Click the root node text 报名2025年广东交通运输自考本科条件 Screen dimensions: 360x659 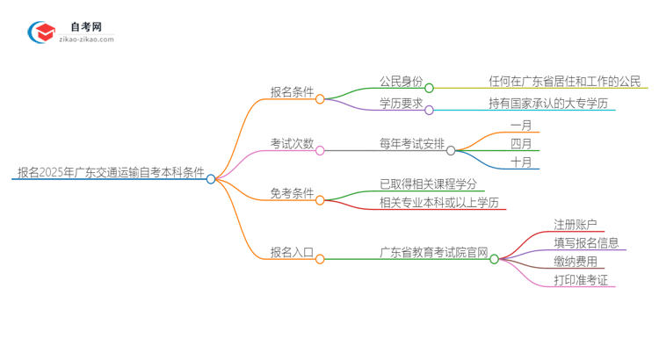(111, 173)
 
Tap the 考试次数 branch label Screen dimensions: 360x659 (292, 144)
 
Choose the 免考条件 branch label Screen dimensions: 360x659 (292, 194)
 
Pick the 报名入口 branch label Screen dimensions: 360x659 (292, 253)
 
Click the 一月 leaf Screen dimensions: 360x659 (521, 126)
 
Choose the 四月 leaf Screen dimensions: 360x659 (521, 144)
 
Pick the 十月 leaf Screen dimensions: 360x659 (521, 163)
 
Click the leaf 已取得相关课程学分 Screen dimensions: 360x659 (428, 184)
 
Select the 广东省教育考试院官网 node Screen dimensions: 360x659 (433, 253)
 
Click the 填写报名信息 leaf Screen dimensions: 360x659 (586, 243)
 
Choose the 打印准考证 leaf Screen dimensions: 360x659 (581, 281)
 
